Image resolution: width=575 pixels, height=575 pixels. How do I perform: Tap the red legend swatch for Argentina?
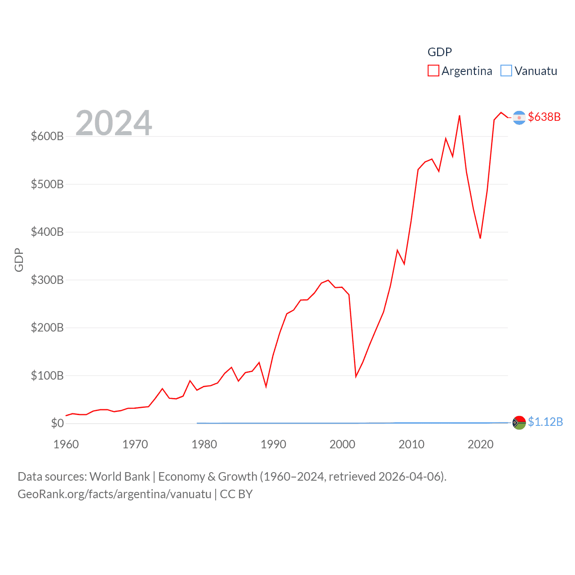click(x=433, y=71)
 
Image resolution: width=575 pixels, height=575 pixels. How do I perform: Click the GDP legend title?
click(x=439, y=52)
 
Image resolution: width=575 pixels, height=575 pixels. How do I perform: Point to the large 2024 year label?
click(x=114, y=123)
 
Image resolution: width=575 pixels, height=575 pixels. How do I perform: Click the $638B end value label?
click(x=544, y=117)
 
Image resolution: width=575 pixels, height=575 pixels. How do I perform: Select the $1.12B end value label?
click(x=545, y=422)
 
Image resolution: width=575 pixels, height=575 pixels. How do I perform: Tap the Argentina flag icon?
click(x=519, y=117)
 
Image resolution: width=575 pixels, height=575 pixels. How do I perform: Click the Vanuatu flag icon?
click(x=519, y=423)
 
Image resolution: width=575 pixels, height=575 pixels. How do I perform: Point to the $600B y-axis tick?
click(x=47, y=136)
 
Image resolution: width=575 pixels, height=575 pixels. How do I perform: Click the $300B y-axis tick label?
click(x=47, y=280)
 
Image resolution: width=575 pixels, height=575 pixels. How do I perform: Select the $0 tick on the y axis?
click(x=57, y=423)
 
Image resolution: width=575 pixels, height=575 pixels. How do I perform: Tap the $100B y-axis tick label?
click(x=47, y=376)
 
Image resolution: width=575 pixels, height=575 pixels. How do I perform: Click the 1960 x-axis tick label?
click(x=66, y=444)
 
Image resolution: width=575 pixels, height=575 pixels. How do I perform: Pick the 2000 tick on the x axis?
click(x=342, y=444)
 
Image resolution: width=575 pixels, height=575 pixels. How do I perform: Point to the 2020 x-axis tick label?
click(x=480, y=444)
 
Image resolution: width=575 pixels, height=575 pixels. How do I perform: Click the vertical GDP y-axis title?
click(x=19, y=260)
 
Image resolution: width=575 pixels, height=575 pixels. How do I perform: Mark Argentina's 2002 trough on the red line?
click(x=356, y=376)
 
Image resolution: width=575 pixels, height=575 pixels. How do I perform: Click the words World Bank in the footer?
click(x=119, y=476)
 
